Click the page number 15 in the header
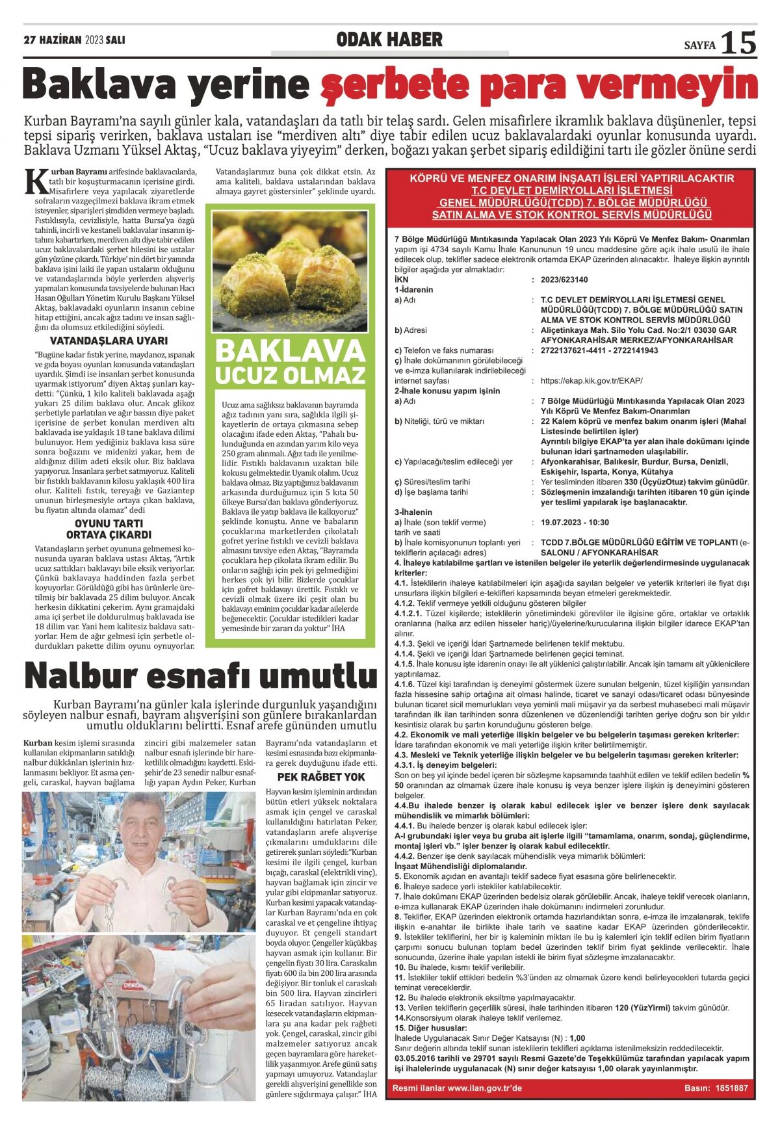739,43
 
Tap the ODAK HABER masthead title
389,40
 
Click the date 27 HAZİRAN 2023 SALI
74,40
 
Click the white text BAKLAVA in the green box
290,351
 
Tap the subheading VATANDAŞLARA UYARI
109,341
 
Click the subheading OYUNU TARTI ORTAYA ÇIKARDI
109,529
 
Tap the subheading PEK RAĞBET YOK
321,777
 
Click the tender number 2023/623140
564,280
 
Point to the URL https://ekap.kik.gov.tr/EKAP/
591,381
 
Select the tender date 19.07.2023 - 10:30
575,522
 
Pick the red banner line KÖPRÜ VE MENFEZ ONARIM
571,178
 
